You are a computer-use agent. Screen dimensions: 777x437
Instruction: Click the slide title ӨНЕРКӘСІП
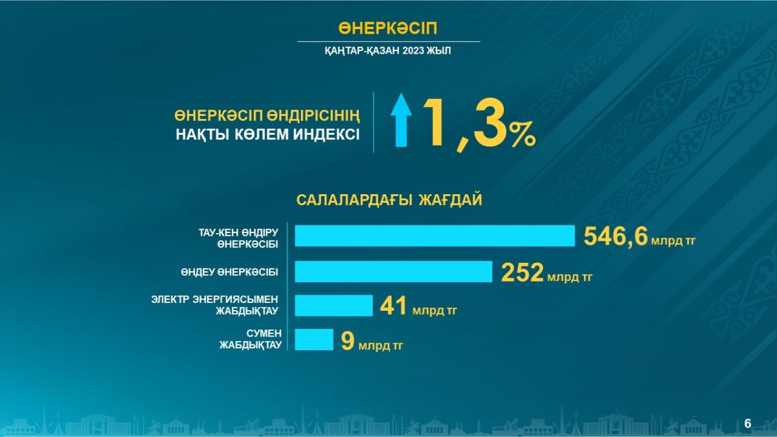click(388, 28)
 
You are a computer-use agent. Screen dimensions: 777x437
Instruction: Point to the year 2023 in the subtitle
click(414, 50)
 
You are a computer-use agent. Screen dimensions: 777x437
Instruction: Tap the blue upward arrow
click(401, 120)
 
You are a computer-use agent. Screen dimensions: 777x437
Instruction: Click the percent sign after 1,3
click(522, 133)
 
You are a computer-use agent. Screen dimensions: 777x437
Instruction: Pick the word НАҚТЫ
click(202, 135)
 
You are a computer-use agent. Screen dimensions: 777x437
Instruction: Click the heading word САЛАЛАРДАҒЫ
click(354, 201)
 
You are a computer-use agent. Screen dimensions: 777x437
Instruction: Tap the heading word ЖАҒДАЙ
click(451, 200)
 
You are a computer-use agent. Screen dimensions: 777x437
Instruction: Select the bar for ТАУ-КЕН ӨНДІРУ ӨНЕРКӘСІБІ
click(434, 236)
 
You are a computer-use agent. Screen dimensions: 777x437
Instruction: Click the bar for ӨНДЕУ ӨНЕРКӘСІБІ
click(394, 271)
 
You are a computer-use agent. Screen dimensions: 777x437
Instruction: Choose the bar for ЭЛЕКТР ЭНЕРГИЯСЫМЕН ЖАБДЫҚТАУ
click(333, 306)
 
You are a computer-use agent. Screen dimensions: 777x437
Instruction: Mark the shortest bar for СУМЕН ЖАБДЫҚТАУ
click(314, 339)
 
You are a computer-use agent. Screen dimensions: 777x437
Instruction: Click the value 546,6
click(615, 236)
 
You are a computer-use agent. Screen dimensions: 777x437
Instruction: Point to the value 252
click(522, 273)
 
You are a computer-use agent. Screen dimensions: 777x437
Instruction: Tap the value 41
click(394, 306)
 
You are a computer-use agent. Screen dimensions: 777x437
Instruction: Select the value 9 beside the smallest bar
click(348, 341)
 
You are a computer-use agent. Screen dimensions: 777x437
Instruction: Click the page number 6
click(748, 423)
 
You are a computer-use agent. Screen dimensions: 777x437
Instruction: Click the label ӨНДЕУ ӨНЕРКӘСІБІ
click(229, 273)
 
